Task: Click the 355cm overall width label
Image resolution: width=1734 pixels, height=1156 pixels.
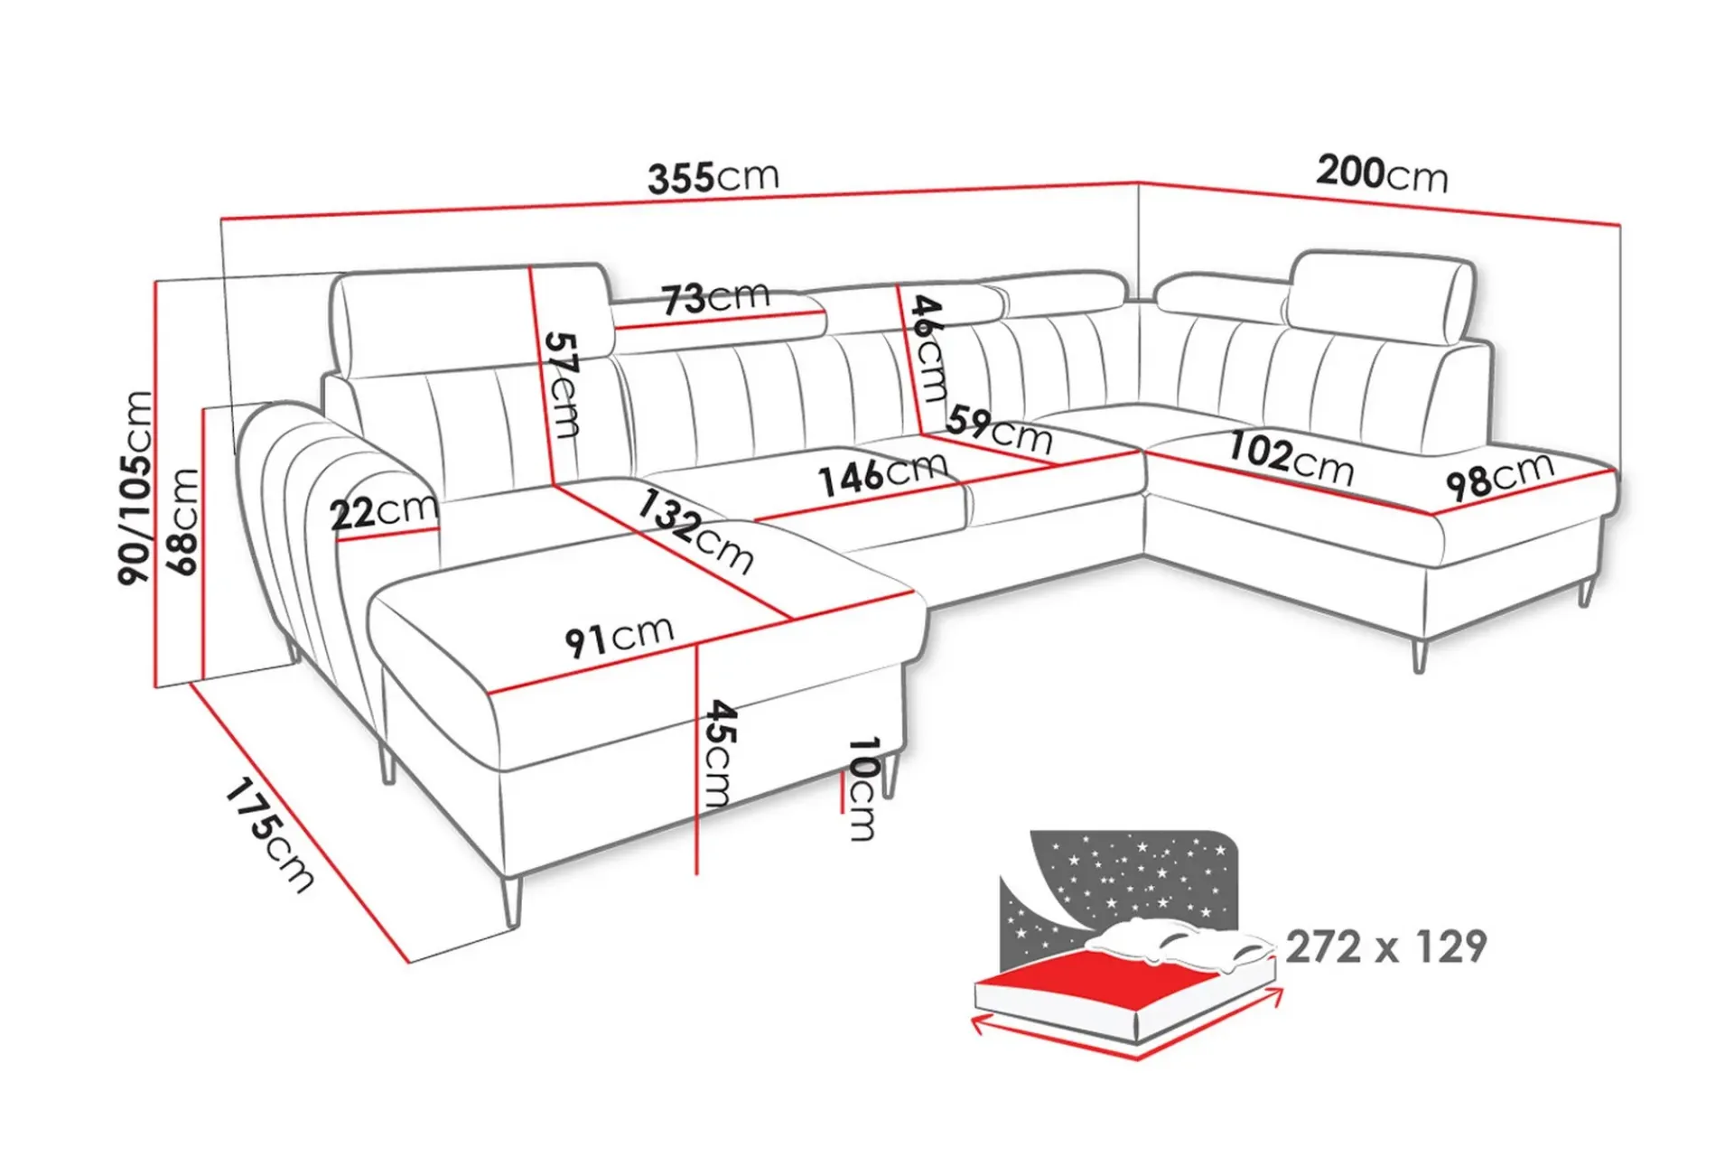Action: (713, 177)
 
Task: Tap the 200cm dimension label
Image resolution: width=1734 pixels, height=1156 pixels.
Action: (1382, 172)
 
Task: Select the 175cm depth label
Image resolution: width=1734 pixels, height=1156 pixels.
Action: (269, 835)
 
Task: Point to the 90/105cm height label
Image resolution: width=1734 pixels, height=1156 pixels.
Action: (135, 488)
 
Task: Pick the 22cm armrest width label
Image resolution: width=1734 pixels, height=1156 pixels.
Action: (384, 511)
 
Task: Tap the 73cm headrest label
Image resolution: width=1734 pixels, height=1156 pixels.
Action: (715, 297)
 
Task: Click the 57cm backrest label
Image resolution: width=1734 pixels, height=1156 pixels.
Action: (563, 385)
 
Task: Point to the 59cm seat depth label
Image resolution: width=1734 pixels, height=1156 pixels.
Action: (1000, 430)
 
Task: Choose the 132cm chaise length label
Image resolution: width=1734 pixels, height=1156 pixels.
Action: (695, 531)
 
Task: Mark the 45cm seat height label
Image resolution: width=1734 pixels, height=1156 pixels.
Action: (720, 752)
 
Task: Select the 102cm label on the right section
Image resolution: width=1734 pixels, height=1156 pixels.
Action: (1291, 459)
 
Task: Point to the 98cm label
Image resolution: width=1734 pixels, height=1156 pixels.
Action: (1500, 476)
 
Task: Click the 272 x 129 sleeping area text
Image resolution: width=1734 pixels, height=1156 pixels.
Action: (1385, 946)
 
